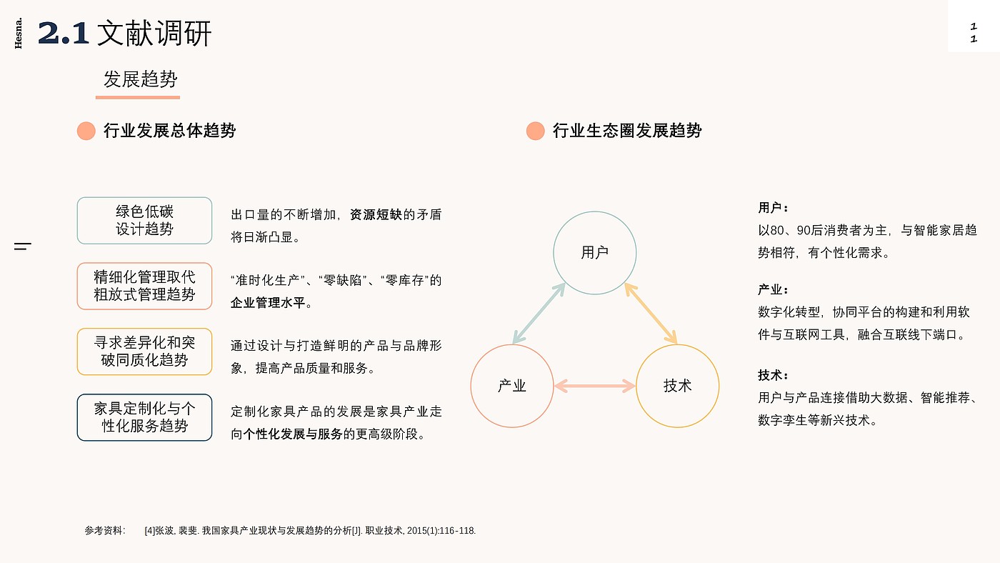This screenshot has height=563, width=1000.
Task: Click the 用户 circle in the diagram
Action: (594, 252)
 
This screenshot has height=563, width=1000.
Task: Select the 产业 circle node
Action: (511, 386)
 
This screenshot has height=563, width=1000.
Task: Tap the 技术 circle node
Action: (677, 386)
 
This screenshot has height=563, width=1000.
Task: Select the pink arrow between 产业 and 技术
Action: (594, 386)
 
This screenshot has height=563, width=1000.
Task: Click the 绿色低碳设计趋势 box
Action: (144, 220)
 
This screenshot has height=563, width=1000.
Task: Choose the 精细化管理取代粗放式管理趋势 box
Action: (144, 286)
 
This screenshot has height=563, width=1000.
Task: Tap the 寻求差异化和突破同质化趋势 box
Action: (144, 352)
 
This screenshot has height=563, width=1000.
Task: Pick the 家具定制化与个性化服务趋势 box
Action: (144, 417)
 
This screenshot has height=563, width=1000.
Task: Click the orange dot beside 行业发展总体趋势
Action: (86, 131)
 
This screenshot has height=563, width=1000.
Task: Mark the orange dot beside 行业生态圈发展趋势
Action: (535, 131)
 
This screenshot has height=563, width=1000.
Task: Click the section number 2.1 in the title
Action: (64, 34)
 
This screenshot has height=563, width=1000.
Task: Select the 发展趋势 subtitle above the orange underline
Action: (140, 79)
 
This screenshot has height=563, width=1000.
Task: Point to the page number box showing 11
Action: (974, 33)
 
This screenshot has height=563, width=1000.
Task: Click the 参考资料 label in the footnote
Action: (104, 531)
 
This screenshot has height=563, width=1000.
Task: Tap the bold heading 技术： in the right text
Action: (773, 375)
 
